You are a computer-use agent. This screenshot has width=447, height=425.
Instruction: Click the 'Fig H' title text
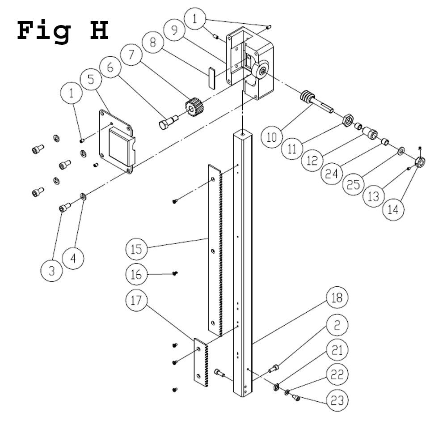63,30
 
